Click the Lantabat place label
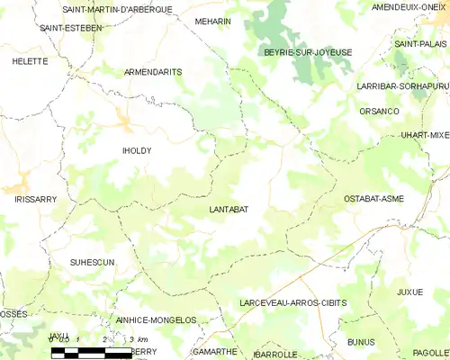pyautogui.click(x=229, y=210)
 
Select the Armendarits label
pyautogui.click(x=153, y=71)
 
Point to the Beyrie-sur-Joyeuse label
pyautogui.click(x=308, y=53)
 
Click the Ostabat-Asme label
pyautogui.click(x=373, y=198)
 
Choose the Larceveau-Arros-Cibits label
pyautogui.click(x=293, y=303)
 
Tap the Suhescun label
pyautogui.click(x=93, y=262)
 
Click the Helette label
pyautogui.click(x=30, y=61)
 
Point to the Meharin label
pyautogui.click(x=213, y=21)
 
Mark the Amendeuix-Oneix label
pyautogui.click(x=409, y=7)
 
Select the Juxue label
pyautogui.click(x=409, y=292)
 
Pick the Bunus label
pyautogui.click(x=361, y=342)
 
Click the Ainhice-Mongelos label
pyautogui.click(x=156, y=320)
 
